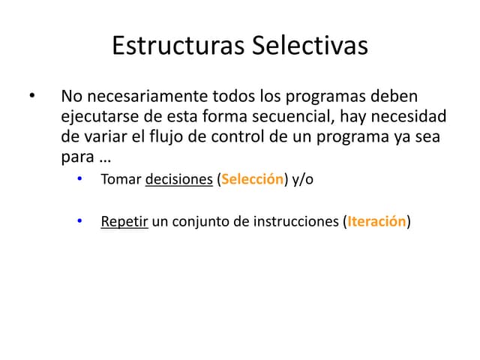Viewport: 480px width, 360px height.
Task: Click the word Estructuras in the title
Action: click(x=177, y=46)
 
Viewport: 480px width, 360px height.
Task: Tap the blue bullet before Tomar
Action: click(x=79, y=181)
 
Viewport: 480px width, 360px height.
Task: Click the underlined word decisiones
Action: click(x=178, y=181)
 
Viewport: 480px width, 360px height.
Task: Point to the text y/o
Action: click(x=303, y=181)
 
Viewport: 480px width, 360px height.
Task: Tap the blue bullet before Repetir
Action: click(x=79, y=223)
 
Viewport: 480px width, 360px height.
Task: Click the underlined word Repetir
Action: click(x=124, y=223)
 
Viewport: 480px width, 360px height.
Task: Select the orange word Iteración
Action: click(x=376, y=223)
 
